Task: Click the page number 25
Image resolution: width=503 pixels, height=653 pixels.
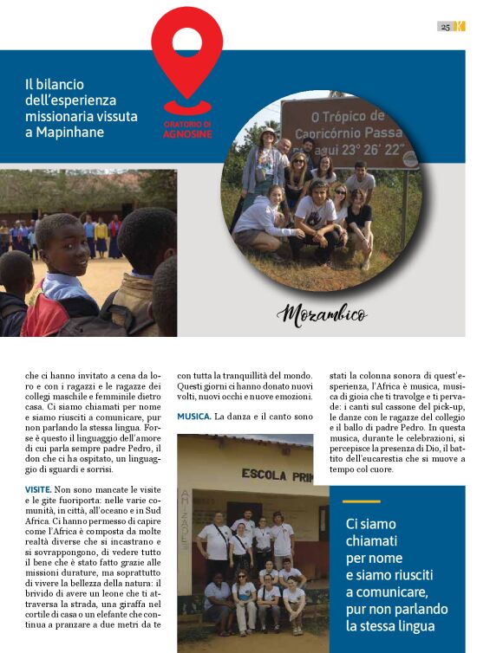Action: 445,27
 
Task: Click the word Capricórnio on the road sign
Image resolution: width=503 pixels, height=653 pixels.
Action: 334,133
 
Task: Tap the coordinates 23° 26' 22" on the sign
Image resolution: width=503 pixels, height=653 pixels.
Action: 374,147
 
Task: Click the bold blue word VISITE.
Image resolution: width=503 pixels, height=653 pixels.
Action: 42,490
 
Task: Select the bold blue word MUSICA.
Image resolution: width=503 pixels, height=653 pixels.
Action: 193,417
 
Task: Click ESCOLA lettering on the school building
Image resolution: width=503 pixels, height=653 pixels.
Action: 264,474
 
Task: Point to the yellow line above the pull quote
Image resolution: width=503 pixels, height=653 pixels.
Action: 361,501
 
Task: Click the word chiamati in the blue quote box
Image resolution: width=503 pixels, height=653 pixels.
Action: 372,540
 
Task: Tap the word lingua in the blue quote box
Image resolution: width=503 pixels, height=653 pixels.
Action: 414,624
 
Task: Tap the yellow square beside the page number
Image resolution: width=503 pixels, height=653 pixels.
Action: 461,27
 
